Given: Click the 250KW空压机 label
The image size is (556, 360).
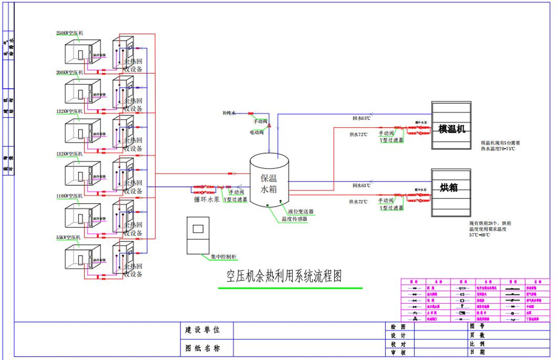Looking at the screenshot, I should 70,32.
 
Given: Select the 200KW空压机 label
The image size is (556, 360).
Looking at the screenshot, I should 70,73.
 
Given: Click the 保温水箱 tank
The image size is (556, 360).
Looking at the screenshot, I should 270,181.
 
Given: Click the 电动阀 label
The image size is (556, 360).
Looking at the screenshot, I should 256,132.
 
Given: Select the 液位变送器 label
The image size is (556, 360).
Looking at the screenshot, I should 301,211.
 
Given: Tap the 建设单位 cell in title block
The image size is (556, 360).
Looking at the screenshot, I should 202,330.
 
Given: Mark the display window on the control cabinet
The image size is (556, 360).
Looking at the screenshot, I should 199,229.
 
